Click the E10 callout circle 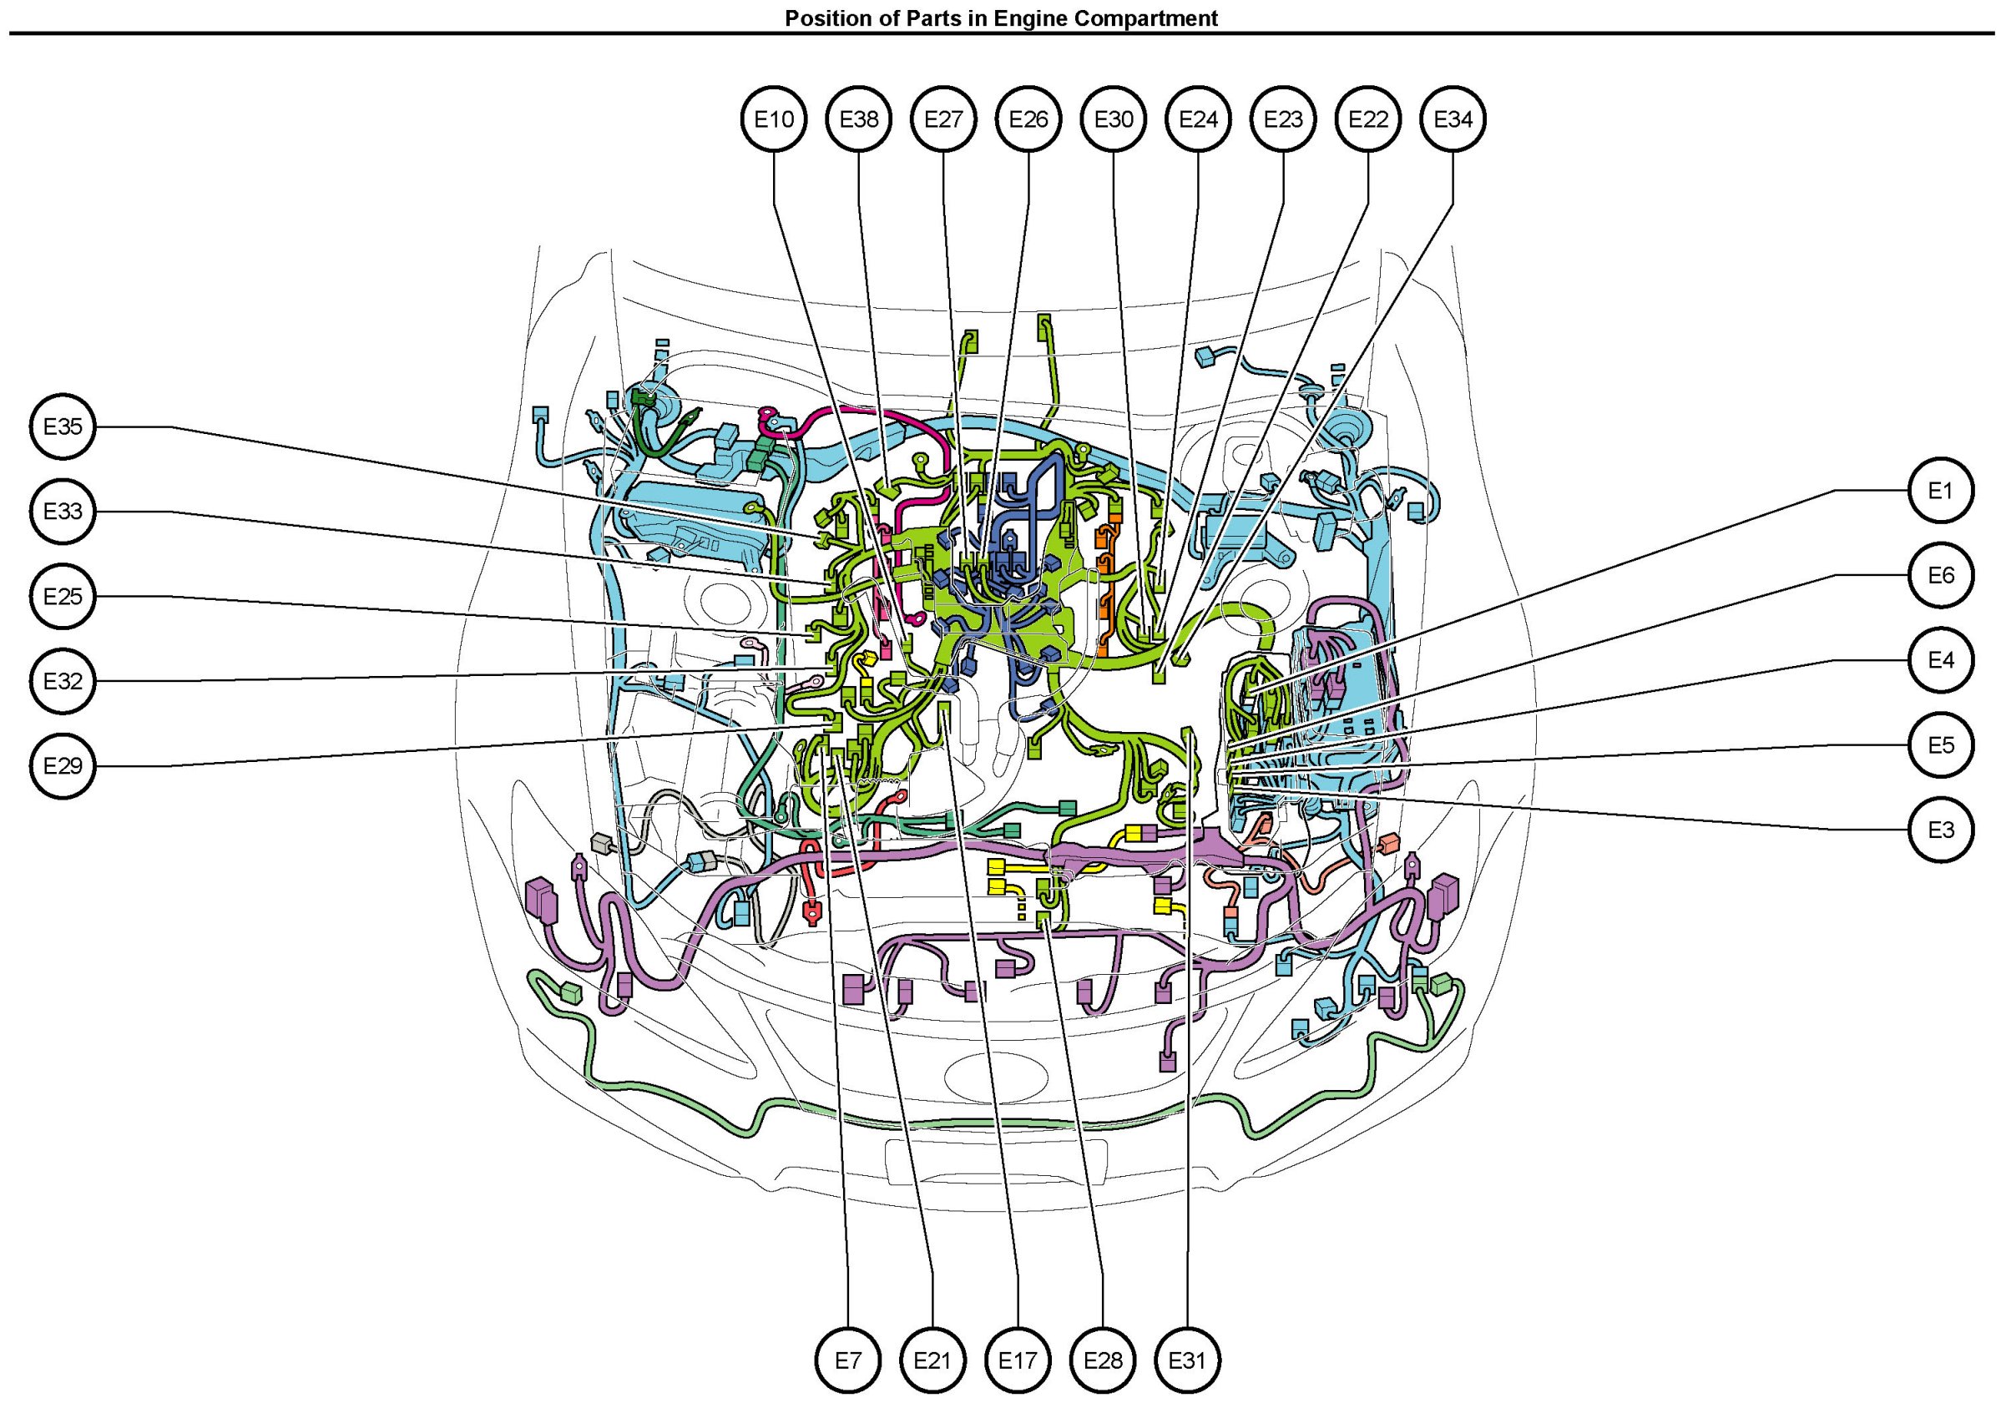[x=774, y=119]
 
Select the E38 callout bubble [x=859, y=119]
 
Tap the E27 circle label [x=943, y=119]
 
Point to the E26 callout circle [x=1028, y=119]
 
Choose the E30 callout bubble [x=1113, y=119]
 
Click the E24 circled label [x=1198, y=119]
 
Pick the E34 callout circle [x=1453, y=119]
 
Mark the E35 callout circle [x=63, y=427]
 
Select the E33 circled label [x=63, y=512]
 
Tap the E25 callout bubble [x=63, y=597]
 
